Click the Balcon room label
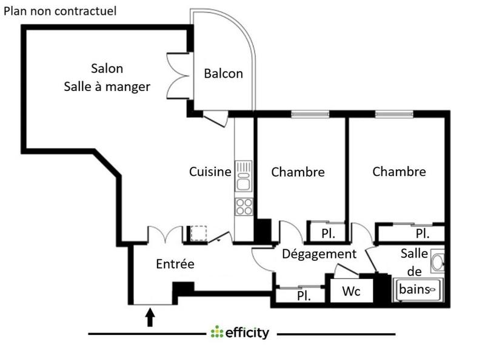223,74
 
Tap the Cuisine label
210,172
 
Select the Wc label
351,291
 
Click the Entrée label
175,264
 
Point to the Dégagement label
319,254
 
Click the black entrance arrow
150,317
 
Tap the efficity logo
239,333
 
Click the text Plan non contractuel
61,11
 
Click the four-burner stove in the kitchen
244,206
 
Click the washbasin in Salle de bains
438,262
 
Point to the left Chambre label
298,172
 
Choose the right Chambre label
399,172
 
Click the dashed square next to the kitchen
199,234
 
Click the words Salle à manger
107,87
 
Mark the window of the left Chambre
310,113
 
